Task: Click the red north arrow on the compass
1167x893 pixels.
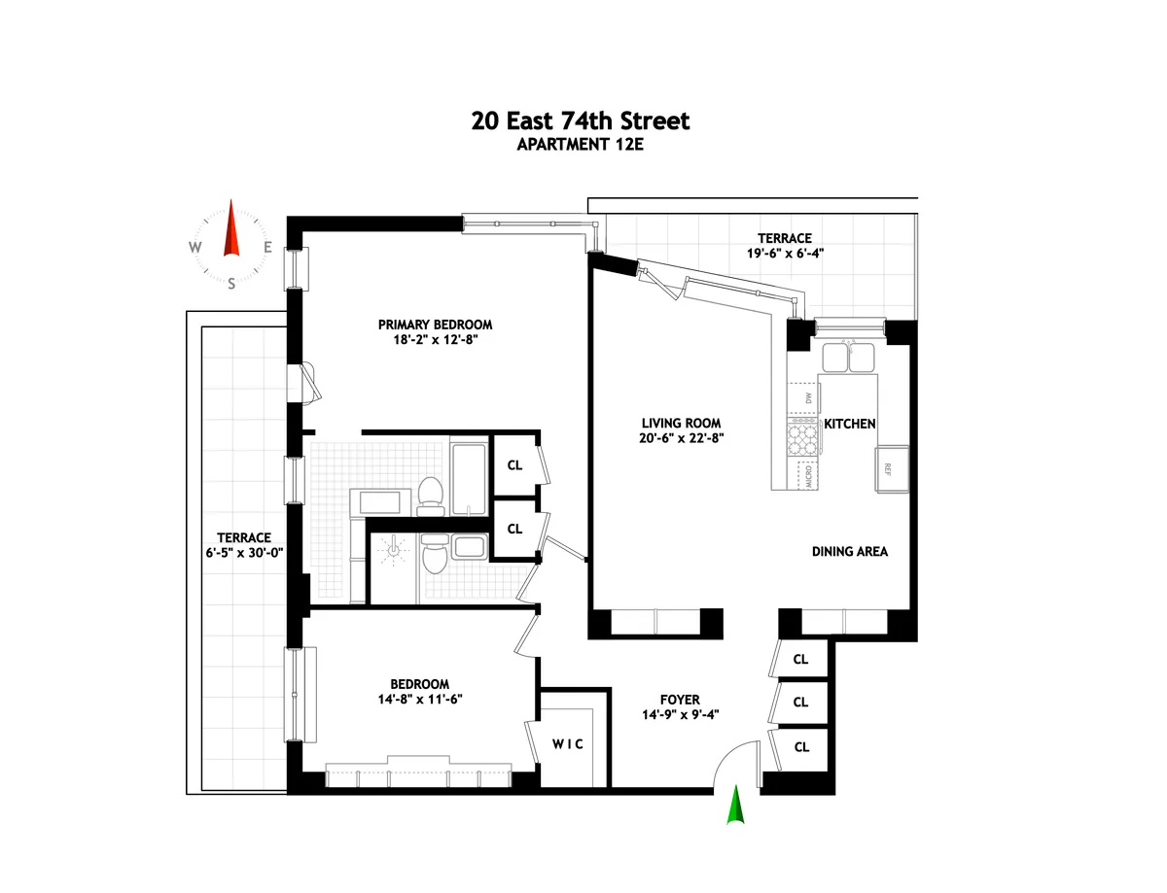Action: tap(231, 229)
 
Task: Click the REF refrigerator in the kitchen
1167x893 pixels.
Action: tap(892, 467)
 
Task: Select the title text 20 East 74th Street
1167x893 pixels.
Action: tap(580, 121)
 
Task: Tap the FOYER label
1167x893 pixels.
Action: tap(679, 700)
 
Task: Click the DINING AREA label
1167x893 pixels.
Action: tap(849, 551)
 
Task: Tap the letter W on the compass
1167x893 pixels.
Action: tap(195, 247)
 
